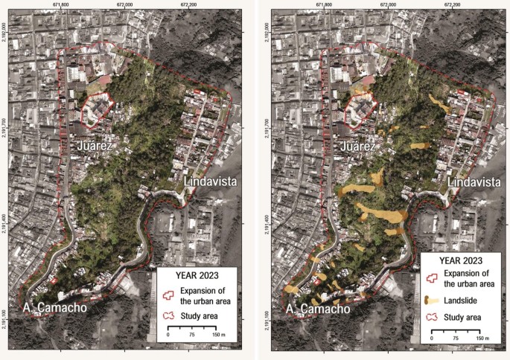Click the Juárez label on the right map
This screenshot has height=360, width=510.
359,147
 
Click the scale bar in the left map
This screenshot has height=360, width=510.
192,327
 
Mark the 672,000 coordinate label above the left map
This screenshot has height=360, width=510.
126,4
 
